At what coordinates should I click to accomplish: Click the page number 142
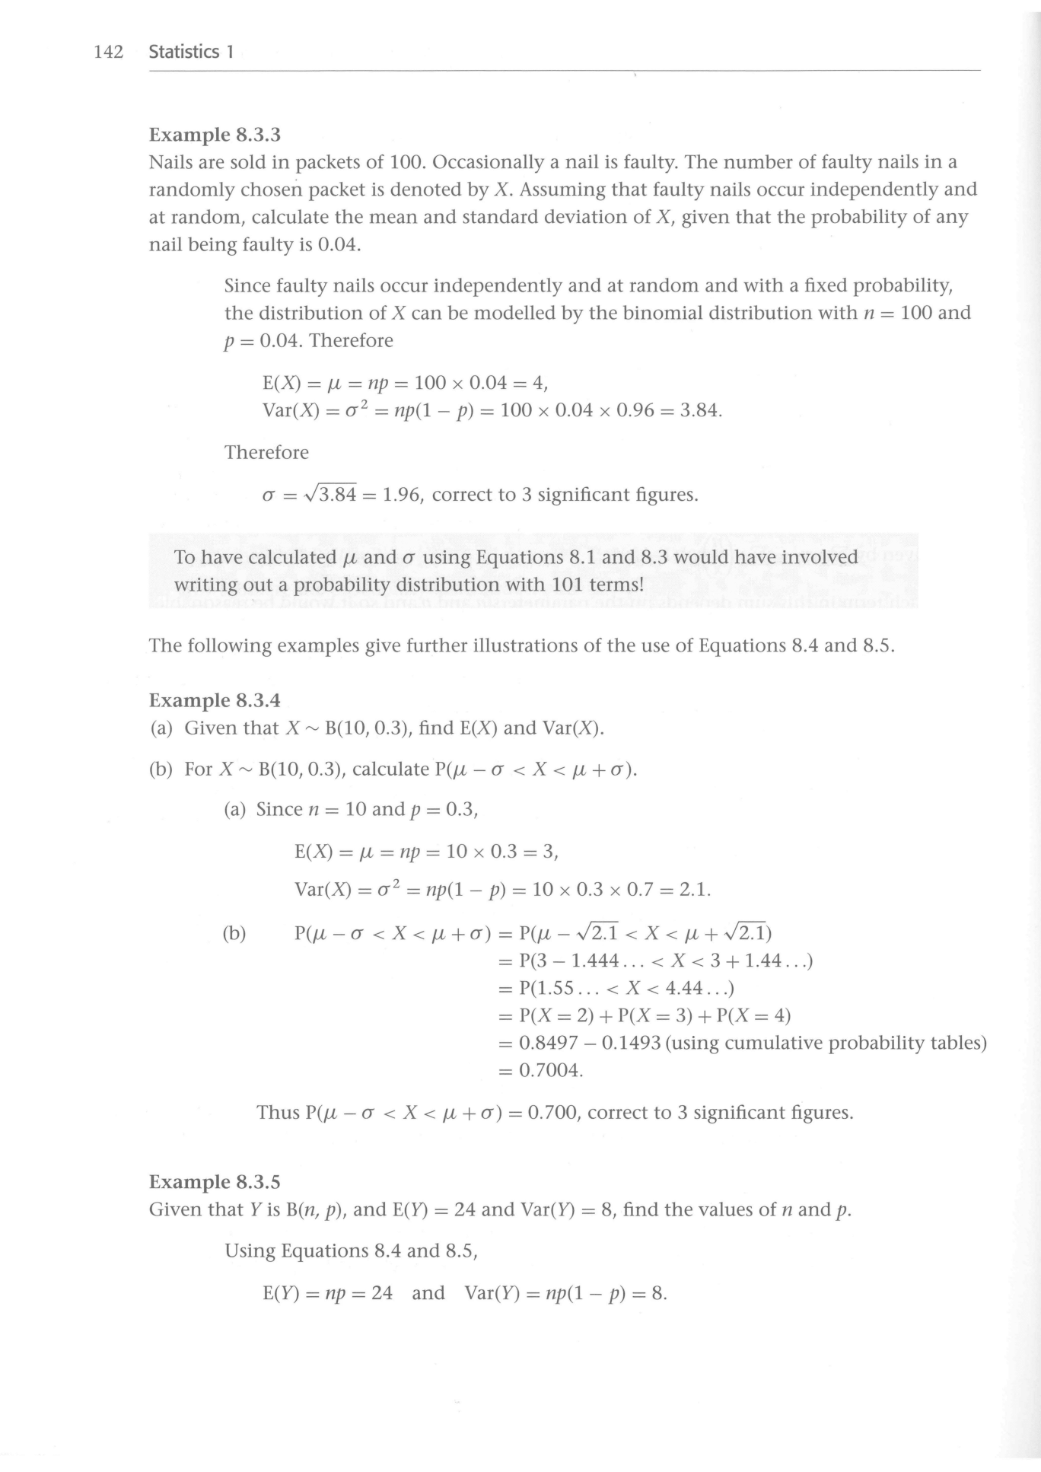[x=108, y=53]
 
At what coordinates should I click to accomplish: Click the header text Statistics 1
[x=191, y=53]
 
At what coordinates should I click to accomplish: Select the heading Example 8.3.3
[x=215, y=135]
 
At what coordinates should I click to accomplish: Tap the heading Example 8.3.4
[x=215, y=700]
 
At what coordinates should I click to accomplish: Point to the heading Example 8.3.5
[x=215, y=1182]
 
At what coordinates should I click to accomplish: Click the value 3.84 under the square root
[x=338, y=495]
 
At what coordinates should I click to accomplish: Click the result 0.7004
[x=549, y=1071]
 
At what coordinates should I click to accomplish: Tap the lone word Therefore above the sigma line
[x=266, y=453]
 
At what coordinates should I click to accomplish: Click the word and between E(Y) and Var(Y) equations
[x=428, y=1294]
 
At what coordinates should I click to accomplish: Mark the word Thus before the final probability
[x=278, y=1113]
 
